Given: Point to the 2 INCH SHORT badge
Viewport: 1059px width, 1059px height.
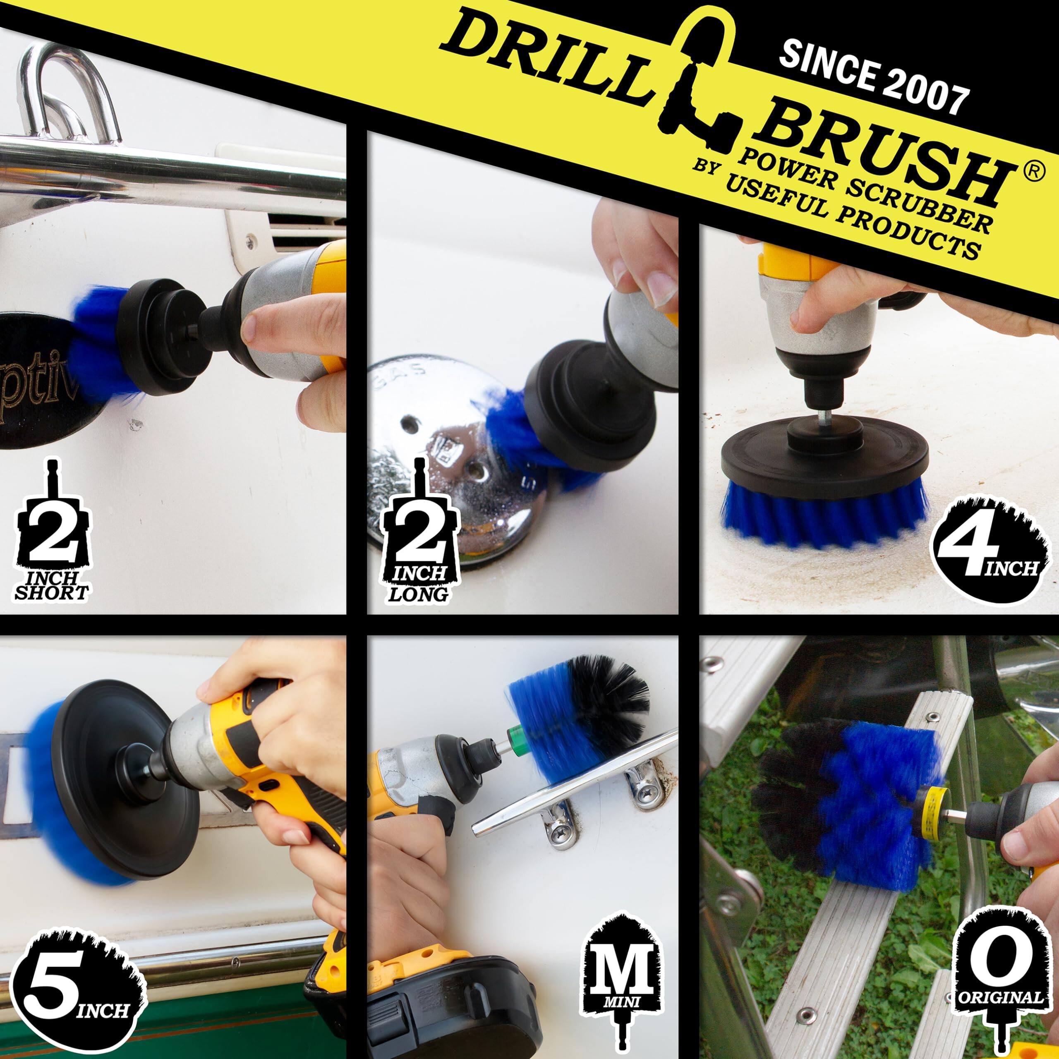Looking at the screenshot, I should (52, 540).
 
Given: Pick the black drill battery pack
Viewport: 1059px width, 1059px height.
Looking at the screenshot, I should (438, 1003).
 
